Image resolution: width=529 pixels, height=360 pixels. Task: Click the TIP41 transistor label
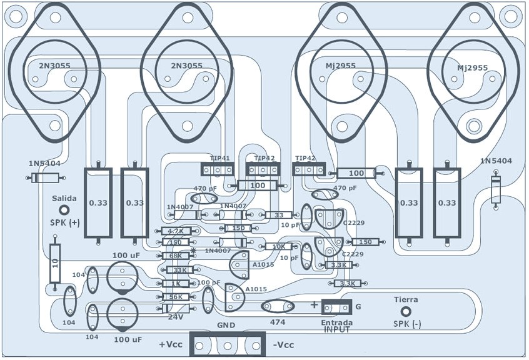coord(219,158)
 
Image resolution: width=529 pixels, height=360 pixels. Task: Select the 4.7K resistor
coord(176,231)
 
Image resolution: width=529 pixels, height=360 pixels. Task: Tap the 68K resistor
coord(176,256)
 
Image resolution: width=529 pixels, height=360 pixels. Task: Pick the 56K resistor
coord(176,297)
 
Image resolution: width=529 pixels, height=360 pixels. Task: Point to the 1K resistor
coord(176,283)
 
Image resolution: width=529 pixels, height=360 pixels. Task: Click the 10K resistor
coord(278,247)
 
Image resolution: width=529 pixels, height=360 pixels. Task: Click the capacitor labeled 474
coord(278,306)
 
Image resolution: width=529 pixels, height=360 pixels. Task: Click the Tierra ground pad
coord(405,311)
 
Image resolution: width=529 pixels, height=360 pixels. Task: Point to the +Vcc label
coord(171,345)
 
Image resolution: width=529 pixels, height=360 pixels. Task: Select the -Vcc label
coord(283,345)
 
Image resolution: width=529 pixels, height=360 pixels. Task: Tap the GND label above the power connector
coord(226,326)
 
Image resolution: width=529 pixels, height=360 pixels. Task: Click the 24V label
coord(176,317)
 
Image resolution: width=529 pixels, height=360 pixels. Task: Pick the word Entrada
coord(336,322)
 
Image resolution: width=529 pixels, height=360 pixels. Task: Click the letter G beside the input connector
coord(358,307)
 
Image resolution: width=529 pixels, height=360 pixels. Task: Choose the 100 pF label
coord(209,283)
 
